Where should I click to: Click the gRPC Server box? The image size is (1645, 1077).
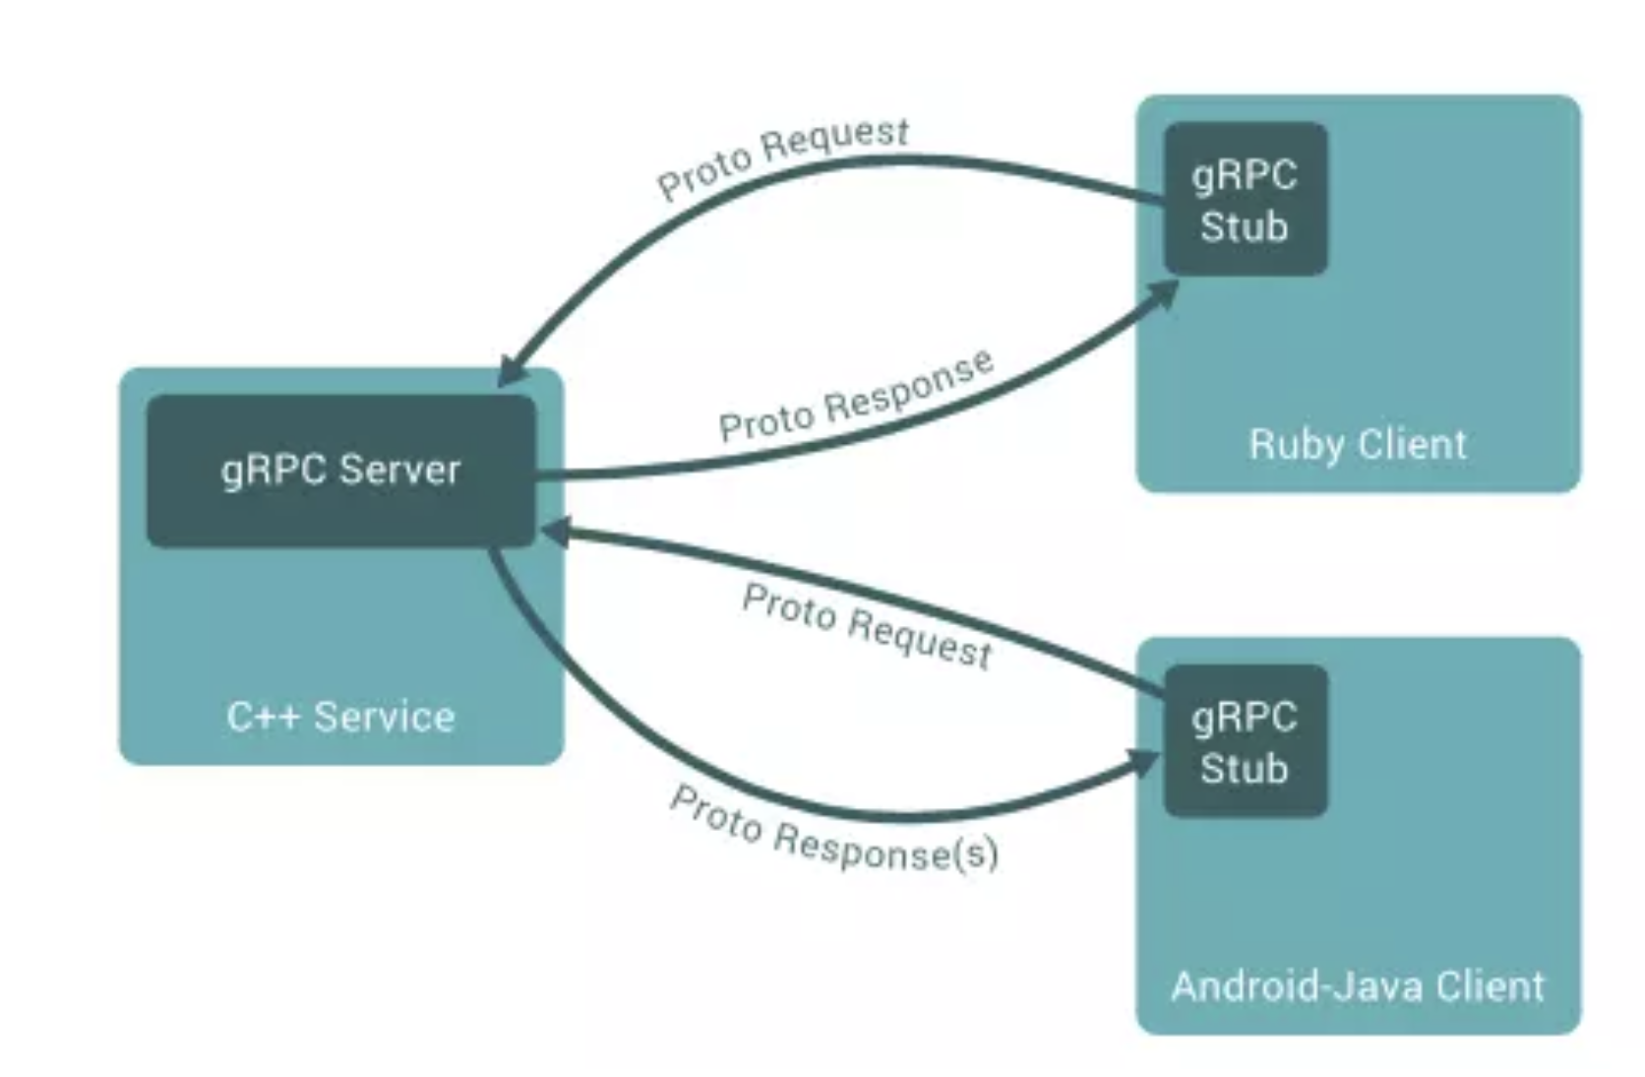[x=340, y=471]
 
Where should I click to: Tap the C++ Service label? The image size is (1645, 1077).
[x=340, y=717]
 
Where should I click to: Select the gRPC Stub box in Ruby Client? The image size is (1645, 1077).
[x=1245, y=199]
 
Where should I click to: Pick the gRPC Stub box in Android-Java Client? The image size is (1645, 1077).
[x=1245, y=741]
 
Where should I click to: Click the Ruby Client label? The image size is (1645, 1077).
[x=1358, y=444]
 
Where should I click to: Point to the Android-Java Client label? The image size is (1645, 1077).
[x=1358, y=985]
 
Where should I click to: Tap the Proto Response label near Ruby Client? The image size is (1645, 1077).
[x=856, y=396]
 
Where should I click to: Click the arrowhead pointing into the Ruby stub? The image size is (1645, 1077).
[x=1166, y=293]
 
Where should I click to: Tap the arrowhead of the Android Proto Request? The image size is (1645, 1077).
[x=553, y=532]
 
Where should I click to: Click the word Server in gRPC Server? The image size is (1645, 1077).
[x=399, y=471]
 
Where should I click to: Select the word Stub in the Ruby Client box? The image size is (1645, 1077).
[x=1244, y=226]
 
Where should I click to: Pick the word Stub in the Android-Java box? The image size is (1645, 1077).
[x=1244, y=769]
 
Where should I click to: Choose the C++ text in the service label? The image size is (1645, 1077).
[x=263, y=717]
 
